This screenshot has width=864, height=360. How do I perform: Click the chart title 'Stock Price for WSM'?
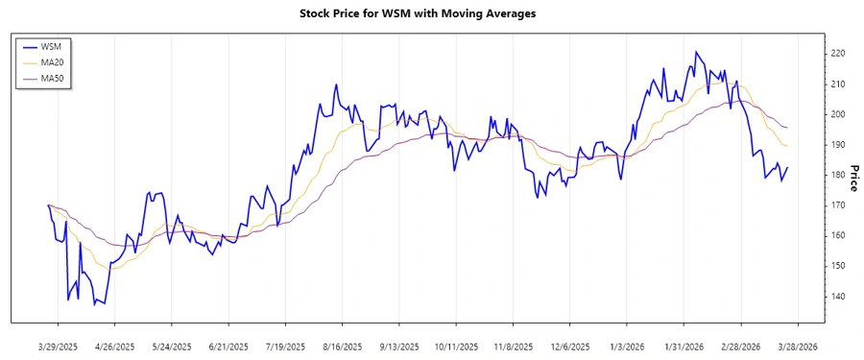coord(431,14)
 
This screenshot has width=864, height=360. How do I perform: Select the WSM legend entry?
coord(53,46)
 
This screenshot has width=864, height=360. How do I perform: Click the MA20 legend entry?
coord(55,61)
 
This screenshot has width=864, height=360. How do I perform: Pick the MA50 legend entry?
coord(55,77)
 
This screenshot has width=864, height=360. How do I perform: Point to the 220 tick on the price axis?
coord(838,54)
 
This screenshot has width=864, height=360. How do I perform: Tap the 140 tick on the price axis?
coord(838,296)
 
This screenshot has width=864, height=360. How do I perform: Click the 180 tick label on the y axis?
coord(838,175)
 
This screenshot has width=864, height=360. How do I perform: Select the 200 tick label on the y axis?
coord(838,114)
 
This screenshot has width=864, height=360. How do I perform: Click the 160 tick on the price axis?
coord(838,235)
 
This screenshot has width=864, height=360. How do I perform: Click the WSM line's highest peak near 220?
coord(695,52)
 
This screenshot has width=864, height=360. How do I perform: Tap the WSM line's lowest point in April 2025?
coord(105,304)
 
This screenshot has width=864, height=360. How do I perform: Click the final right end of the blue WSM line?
coord(788,168)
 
